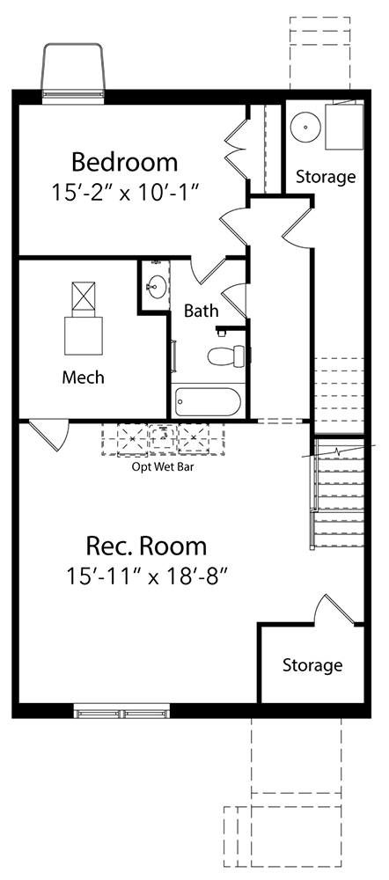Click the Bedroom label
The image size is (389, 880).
click(125, 162)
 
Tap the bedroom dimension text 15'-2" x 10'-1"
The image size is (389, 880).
click(125, 193)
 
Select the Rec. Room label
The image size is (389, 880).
click(146, 546)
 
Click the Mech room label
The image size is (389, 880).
click(83, 378)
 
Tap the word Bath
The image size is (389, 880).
click(202, 311)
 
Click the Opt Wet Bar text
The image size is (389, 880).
click(163, 466)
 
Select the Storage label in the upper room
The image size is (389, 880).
click(326, 177)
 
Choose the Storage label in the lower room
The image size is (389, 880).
click(312, 665)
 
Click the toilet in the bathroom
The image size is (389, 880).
click(226, 355)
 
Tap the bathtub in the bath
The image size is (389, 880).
click(208, 402)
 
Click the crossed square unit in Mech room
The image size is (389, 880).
click(84, 296)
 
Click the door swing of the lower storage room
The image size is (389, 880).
click(334, 610)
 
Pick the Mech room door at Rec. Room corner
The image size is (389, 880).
click(49, 435)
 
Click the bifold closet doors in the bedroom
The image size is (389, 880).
click(237, 149)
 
